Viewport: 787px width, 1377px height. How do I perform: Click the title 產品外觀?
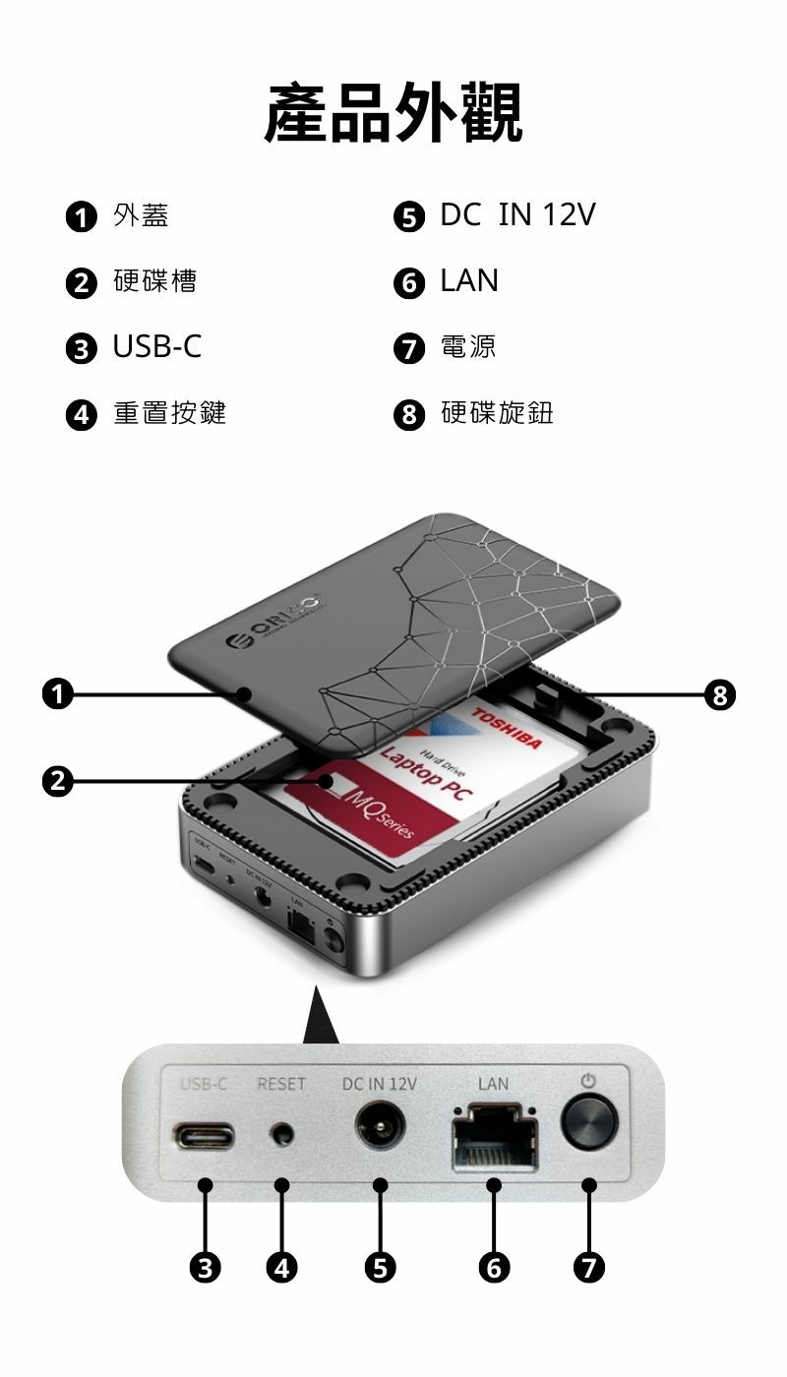[393, 112]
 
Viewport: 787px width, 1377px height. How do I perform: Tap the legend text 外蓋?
[141, 215]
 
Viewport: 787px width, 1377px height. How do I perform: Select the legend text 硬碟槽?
[154, 281]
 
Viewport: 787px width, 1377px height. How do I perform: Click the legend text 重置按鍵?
[169, 413]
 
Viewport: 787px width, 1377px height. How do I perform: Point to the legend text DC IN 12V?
[516, 215]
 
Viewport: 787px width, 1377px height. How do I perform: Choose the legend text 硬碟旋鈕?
[497, 413]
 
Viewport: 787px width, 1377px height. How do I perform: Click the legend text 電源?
[468, 346]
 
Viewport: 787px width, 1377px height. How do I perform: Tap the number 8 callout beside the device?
[721, 695]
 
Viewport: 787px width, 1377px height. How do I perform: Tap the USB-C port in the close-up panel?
[205, 1135]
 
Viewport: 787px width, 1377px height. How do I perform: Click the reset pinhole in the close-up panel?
[282, 1135]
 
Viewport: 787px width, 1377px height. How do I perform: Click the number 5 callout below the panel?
[380, 1268]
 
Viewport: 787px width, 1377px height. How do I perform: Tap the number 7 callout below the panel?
[588, 1268]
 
